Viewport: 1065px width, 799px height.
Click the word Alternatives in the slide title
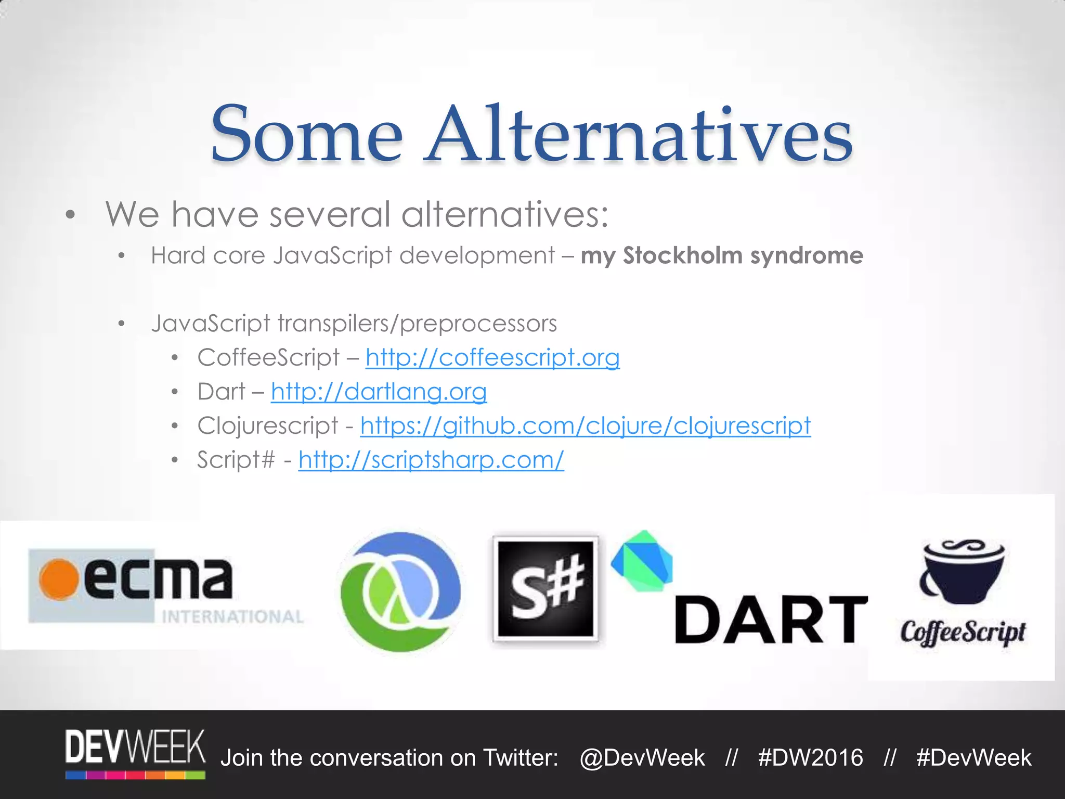tap(639, 134)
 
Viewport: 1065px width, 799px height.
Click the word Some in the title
tap(307, 134)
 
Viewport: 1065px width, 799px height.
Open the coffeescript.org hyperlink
tap(492, 357)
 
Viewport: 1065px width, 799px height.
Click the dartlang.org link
tap(379, 392)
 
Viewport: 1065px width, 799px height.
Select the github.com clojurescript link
tap(585, 426)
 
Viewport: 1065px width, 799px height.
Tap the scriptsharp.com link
tap(431, 460)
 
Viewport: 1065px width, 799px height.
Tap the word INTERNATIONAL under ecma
tap(232, 617)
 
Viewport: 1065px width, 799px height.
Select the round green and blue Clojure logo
tap(399, 591)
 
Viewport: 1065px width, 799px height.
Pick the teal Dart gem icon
tap(643, 561)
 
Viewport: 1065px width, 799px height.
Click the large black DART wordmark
tap(771, 620)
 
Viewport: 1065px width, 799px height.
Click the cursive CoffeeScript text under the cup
tap(963, 633)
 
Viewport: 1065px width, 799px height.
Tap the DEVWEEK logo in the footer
tap(135, 753)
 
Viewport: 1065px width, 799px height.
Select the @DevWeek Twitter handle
tap(642, 758)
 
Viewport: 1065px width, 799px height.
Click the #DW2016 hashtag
tap(810, 758)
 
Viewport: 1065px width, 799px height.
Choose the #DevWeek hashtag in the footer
tap(973, 758)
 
